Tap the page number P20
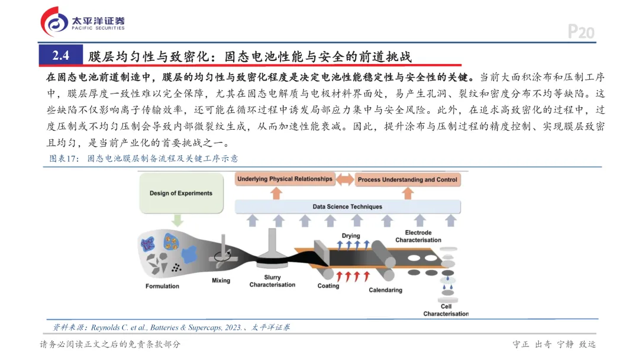(580, 32)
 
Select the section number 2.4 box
(61, 56)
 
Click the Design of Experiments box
(180, 194)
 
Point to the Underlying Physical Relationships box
(285, 179)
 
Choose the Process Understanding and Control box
(408, 179)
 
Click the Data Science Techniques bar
(347, 207)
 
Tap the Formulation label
(162, 287)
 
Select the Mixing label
(221, 281)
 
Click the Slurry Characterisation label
(272, 281)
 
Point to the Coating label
(328, 286)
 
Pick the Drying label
(351, 236)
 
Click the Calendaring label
(385, 290)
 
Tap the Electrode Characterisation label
(418, 236)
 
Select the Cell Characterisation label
(446, 310)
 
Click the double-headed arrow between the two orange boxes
(344, 179)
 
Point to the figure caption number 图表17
(63, 159)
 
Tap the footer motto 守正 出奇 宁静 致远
(554, 345)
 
